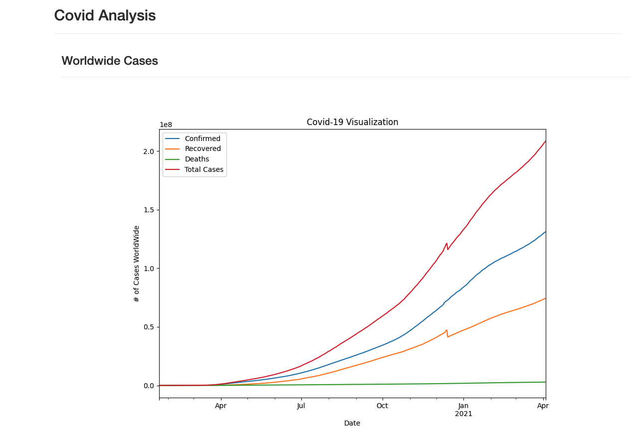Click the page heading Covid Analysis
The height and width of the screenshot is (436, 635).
point(105,16)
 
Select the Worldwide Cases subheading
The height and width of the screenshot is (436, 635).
point(110,61)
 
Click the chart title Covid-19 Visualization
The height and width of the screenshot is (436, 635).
point(352,122)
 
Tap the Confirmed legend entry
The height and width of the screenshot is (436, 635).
point(202,139)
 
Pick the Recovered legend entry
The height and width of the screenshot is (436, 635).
point(203,149)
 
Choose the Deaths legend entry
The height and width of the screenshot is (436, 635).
point(197,159)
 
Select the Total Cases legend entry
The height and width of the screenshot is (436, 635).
point(204,170)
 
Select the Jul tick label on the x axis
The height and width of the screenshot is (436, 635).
point(301,406)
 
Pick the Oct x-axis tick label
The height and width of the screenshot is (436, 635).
point(382,406)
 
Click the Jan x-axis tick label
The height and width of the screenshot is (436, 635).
point(463,406)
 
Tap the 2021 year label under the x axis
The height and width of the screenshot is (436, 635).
point(463,414)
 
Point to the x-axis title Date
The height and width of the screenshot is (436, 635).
point(352,424)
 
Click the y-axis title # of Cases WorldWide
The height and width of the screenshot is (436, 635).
point(137,264)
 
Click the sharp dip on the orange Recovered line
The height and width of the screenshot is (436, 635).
point(447,336)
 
